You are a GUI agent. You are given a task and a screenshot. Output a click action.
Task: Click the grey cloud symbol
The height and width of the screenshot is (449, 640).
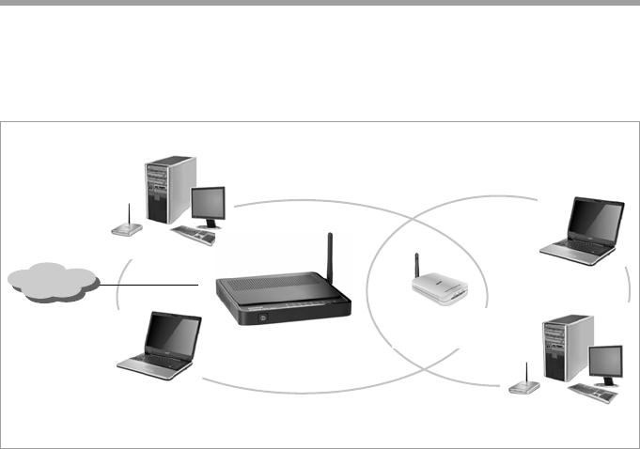pos(53,282)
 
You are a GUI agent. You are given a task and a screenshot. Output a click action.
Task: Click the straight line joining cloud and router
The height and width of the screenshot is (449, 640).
pos(150,284)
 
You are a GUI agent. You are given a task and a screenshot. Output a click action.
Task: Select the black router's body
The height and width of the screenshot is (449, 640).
pos(282,296)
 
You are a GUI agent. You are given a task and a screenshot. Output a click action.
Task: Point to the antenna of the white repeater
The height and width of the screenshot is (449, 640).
pos(416,265)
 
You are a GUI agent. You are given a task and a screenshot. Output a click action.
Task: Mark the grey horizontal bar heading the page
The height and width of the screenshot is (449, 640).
pos(320,3)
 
